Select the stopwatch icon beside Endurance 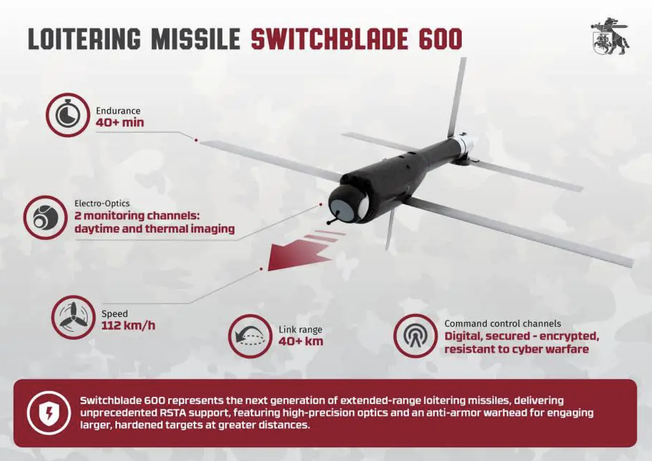point(68,115)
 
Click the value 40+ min point(120,123)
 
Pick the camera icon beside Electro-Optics point(45,217)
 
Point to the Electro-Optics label point(102,203)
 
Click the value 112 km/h point(128,326)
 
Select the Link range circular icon point(250,336)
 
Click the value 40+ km point(301,341)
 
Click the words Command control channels point(502,324)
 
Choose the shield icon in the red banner point(49,413)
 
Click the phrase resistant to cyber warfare point(516,349)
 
